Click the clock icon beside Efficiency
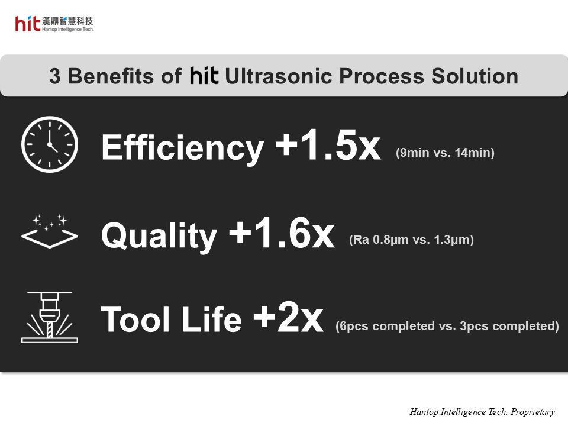49,144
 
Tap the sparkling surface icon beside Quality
49,231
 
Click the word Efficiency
182,147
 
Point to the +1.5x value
328,146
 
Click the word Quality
159,235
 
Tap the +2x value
288,318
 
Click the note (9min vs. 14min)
445,153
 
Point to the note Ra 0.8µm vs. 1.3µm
411,240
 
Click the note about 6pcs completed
447,326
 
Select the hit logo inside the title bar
205,76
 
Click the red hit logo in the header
28,24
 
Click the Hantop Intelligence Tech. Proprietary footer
482,412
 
